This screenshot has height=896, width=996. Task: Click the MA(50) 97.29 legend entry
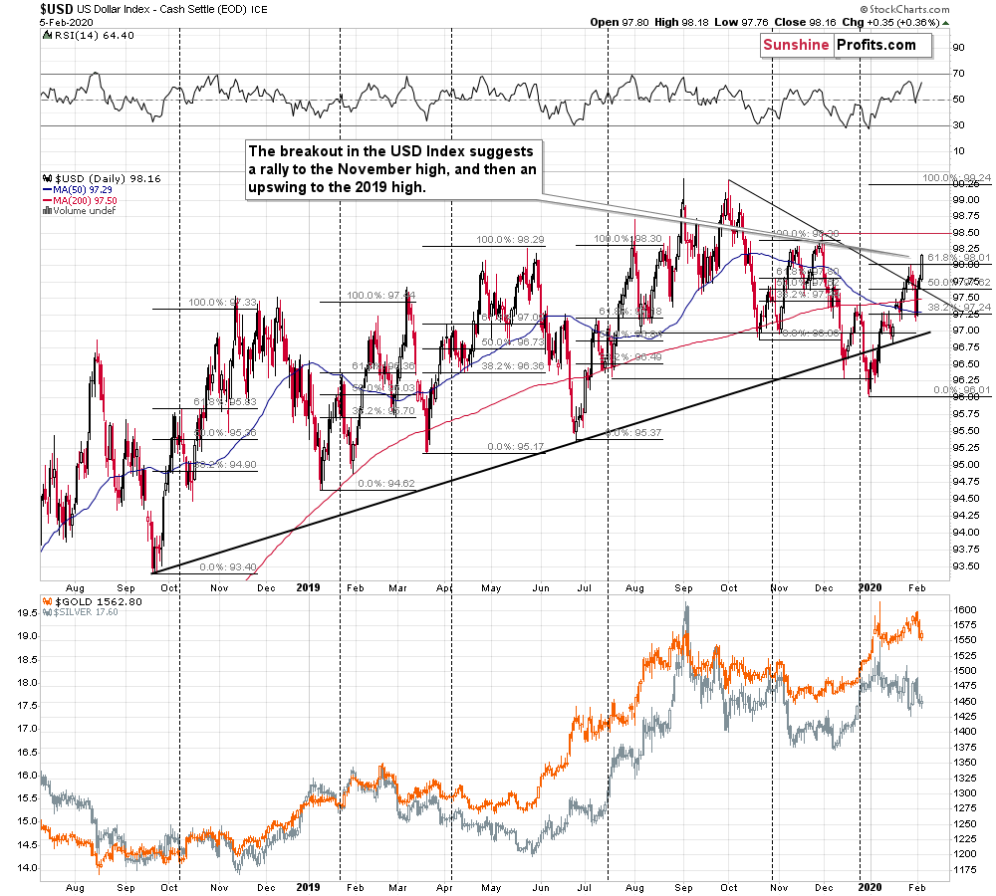coord(77,189)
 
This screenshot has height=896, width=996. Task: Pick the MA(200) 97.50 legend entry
coord(79,200)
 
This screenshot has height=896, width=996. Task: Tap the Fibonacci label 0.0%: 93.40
coord(228,566)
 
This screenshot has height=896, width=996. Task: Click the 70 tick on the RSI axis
coord(959,73)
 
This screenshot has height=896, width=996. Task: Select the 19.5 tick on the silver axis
coord(27,614)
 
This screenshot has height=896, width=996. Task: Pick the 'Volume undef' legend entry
coord(76,211)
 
